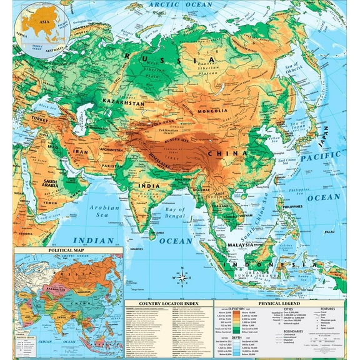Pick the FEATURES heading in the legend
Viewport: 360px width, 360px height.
327,308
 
